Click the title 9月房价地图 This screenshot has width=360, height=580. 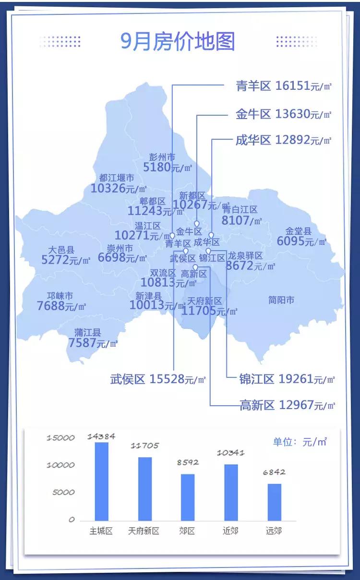[x=178, y=42]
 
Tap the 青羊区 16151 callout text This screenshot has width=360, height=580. [x=283, y=86]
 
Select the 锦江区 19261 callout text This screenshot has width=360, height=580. [x=287, y=379]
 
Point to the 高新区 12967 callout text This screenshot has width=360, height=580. [x=287, y=405]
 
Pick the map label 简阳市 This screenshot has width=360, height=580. [x=281, y=301]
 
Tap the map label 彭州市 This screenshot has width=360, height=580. [x=162, y=157]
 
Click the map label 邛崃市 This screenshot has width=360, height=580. [x=60, y=296]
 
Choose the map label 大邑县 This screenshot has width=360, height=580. [x=61, y=250]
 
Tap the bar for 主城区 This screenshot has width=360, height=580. [x=101, y=481]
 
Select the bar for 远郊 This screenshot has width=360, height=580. [x=274, y=502]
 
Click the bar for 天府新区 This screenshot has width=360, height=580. [x=144, y=489]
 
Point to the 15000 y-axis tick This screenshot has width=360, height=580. [x=61, y=438]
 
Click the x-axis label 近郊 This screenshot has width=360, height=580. [x=230, y=531]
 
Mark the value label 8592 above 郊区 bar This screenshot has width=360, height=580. [x=187, y=462]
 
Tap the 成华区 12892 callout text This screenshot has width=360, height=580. [x=283, y=140]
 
